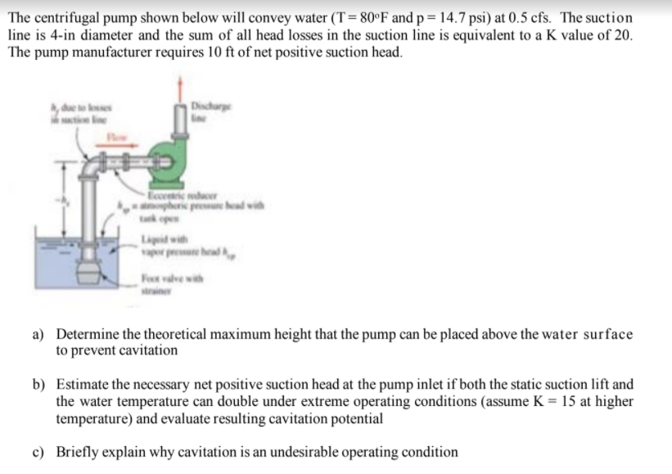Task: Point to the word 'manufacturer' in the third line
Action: point(108,52)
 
